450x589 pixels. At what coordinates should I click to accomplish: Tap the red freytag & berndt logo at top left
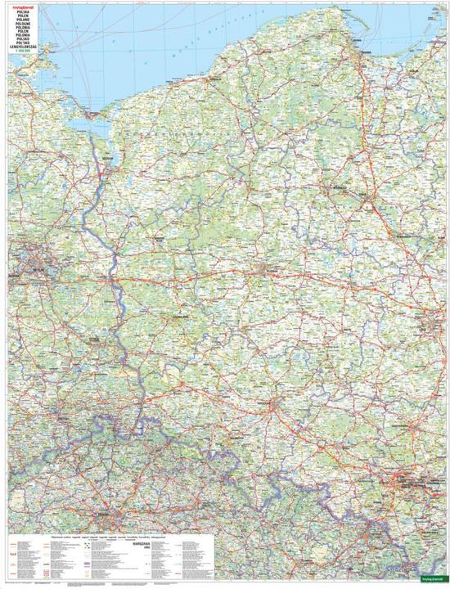[x=18, y=7]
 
